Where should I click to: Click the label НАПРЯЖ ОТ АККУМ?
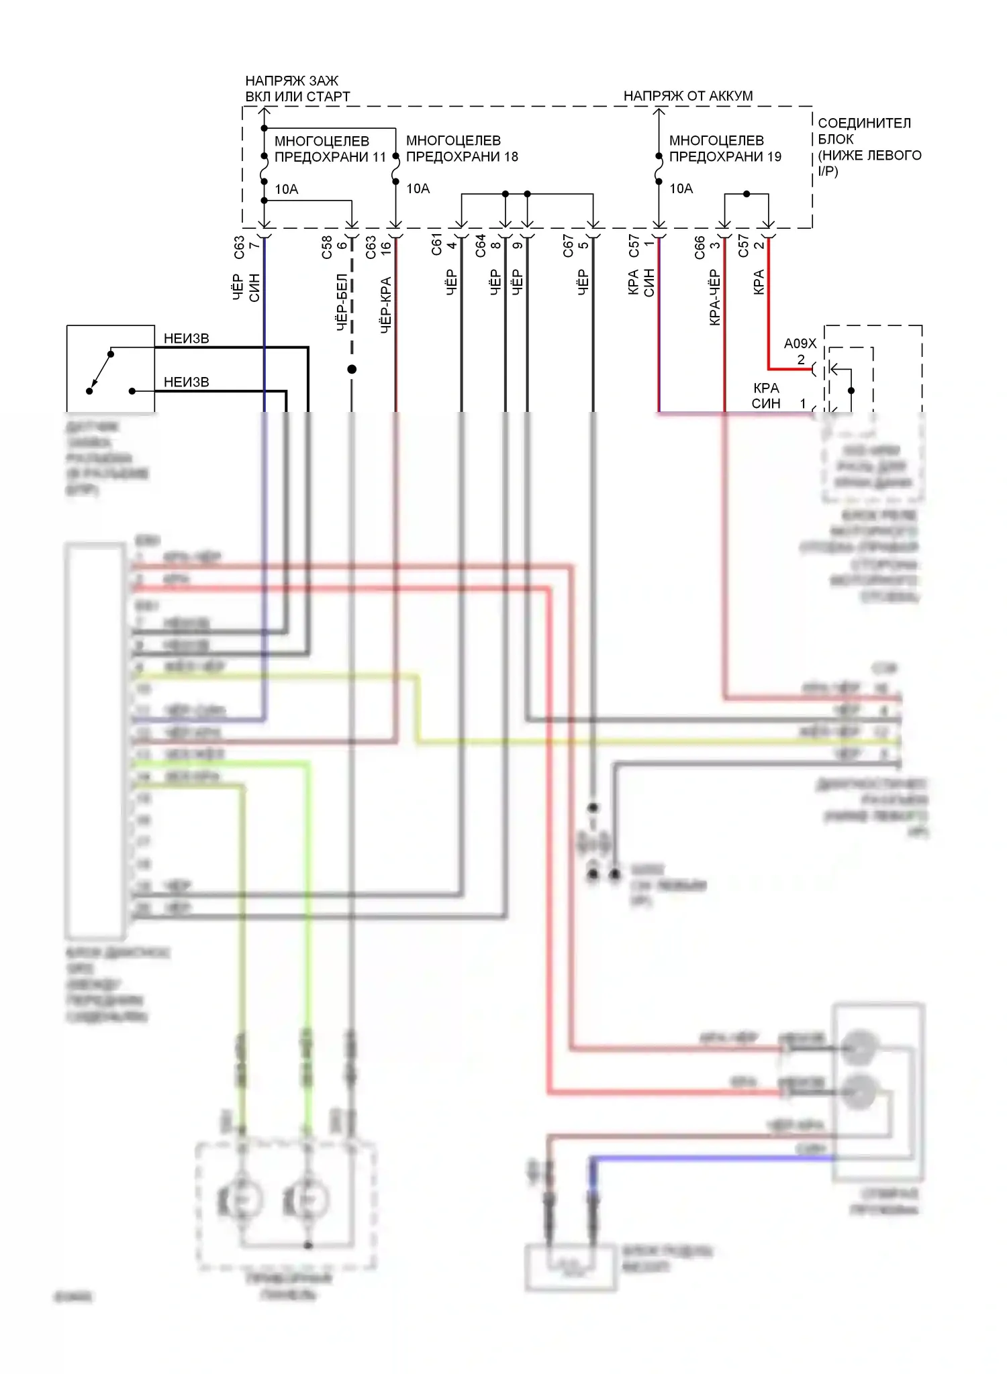click(x=687, y=96)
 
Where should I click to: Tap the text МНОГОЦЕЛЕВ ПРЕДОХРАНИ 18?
click(x=462, y=148)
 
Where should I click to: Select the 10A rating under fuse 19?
click(x=681, y=189)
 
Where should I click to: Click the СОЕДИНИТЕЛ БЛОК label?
click(x=865, y=131)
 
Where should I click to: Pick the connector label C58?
click(x=327, y=246)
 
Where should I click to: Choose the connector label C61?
click(x=436, y=244)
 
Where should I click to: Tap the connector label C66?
click(x=700, y=246)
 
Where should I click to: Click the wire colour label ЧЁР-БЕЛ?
click(x=342, y=302)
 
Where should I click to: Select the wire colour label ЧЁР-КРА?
click(x=386, y=305)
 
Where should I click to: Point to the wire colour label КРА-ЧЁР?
click(x=714, y=297)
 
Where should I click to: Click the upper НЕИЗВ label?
click(x=187, y=339)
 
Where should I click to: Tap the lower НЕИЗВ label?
click(x=187, y=382)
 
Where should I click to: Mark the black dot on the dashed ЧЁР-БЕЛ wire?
click(x=352, y=369)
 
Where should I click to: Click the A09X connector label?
click(x=800, y=344)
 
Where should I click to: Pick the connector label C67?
click(x=568, y=246)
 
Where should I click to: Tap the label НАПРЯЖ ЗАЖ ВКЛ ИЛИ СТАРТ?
click(x=297, y=89)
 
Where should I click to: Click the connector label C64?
click(x=481, y=246)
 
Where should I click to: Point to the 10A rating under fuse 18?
click(x=418, y=189)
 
